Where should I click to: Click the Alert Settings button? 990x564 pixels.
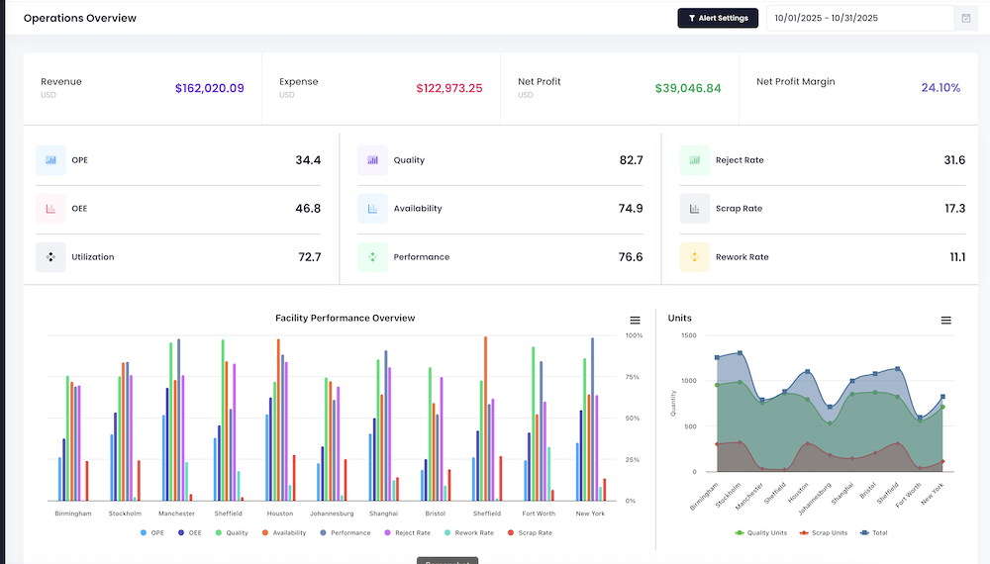pos(718,18)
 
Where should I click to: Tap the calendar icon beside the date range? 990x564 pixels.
pos(965,18)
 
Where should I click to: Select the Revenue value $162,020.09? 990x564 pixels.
pos(209,88)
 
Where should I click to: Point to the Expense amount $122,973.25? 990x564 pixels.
pos(449,88)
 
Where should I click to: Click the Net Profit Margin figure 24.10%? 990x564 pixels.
pos(940,88)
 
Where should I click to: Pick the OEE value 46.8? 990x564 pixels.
pos(308,209)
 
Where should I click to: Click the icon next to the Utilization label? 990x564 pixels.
pos(50,257)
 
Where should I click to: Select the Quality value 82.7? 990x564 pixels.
pos(631,160)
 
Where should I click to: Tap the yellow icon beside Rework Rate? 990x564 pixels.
pos(694,257)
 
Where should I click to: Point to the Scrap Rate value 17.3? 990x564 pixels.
pos(954,209)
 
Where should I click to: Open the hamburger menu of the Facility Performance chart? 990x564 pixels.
pos(635,320)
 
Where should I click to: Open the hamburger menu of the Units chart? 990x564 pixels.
pos(945,321)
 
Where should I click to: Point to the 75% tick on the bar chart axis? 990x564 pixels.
pos(635,377)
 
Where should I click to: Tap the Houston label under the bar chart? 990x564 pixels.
pos(280,514)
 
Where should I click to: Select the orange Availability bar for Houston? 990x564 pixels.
pos(279,420)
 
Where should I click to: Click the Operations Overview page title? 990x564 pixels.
pos(80,18)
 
